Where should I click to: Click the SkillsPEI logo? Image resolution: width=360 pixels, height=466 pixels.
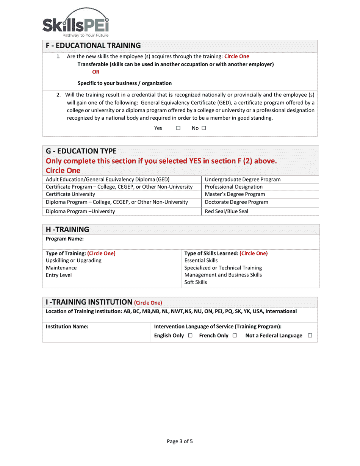point(75,23)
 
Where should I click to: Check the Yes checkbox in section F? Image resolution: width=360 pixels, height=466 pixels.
point(178,128)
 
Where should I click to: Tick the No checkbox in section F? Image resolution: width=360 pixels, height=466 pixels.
point(204,128)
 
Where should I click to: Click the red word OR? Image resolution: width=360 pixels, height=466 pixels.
point(95,72)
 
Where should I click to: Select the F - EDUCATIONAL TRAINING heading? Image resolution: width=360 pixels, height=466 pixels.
point(93,46)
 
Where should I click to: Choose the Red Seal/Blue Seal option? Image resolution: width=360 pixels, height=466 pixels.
point(226,211)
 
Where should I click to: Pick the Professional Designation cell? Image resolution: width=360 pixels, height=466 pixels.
point(233,187)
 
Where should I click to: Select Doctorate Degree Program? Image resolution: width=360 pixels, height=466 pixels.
point(236,202)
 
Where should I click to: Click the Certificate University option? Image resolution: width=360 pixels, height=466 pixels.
point(70,194)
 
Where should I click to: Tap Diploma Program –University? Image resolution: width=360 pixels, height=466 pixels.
point(80,211)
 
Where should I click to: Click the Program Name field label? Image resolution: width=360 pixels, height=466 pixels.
point(65,239)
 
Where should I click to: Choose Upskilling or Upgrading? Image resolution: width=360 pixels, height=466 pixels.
point(74,261)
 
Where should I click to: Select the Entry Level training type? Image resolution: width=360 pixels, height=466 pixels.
point(59,275)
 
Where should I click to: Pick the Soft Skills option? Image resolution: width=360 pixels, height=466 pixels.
point(196,282)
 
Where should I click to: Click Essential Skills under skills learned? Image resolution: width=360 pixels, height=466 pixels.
point(201,261)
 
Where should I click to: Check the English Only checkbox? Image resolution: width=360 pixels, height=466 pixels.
point(190,335)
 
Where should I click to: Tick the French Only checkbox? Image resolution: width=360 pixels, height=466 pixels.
point(235,335)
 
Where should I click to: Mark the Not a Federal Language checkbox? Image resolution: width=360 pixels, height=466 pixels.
point(310,335)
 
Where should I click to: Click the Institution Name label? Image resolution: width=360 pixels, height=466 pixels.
point(67,327)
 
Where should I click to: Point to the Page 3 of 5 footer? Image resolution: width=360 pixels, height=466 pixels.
point(180,441)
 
